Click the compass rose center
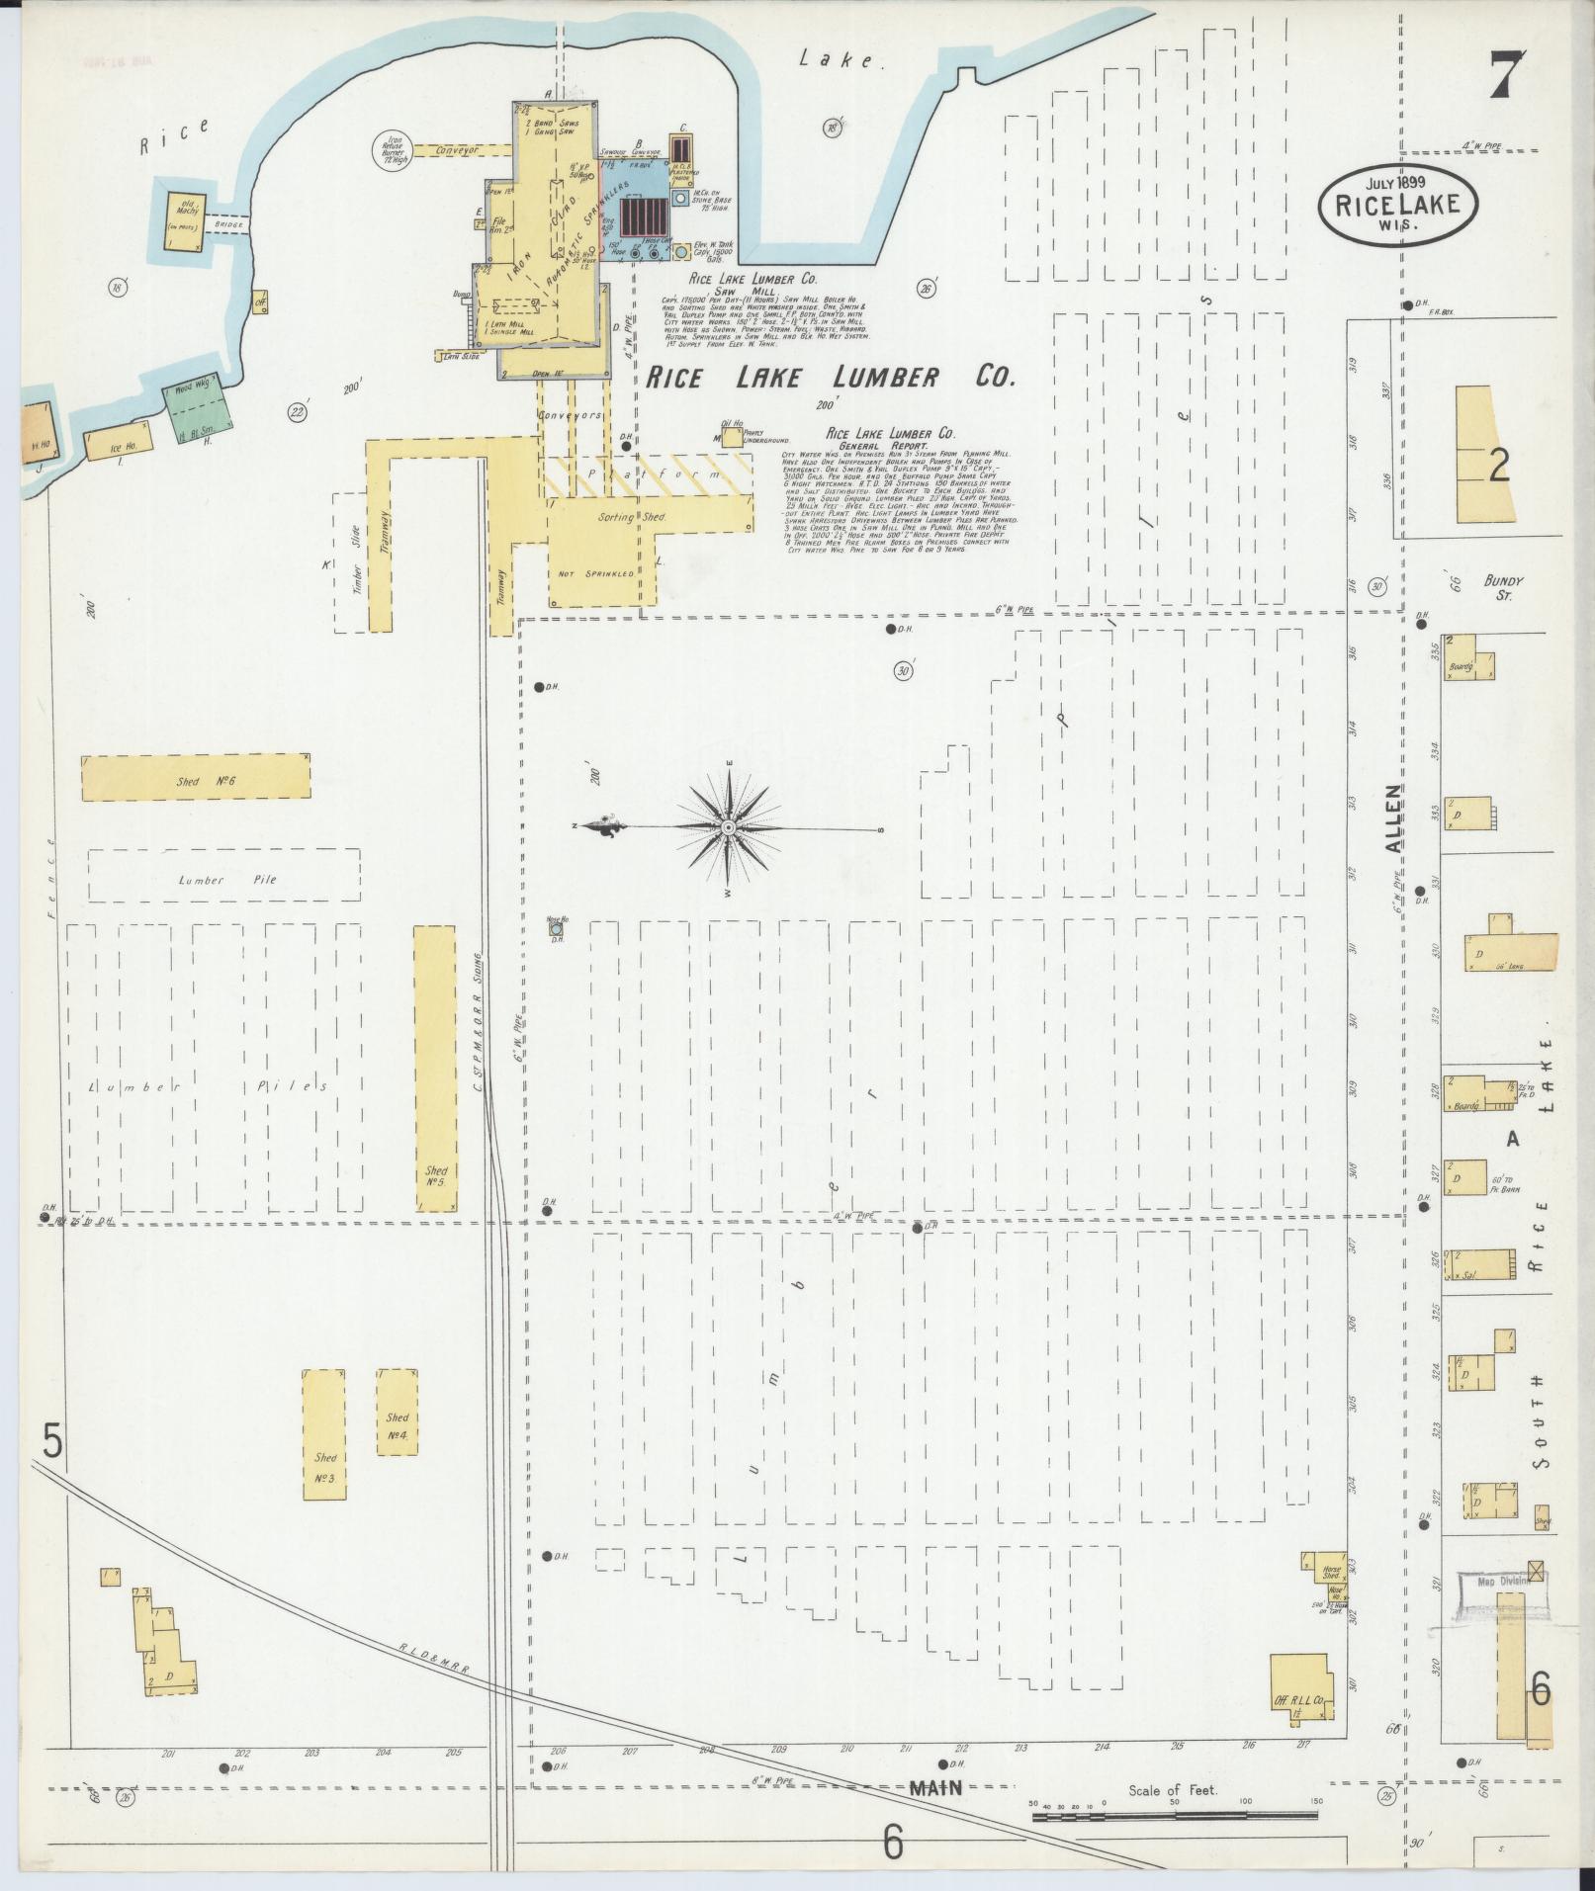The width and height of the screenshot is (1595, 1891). [x=729, y=826]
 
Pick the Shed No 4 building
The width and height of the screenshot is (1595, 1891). [x=398, y=1411]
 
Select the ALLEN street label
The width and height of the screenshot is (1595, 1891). [x=1393, y=819]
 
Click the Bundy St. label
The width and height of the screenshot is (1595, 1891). [x=1502, y=588]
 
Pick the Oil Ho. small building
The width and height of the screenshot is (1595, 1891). [x=733, y=436]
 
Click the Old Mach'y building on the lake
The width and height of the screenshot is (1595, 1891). [x=187, y=218]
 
